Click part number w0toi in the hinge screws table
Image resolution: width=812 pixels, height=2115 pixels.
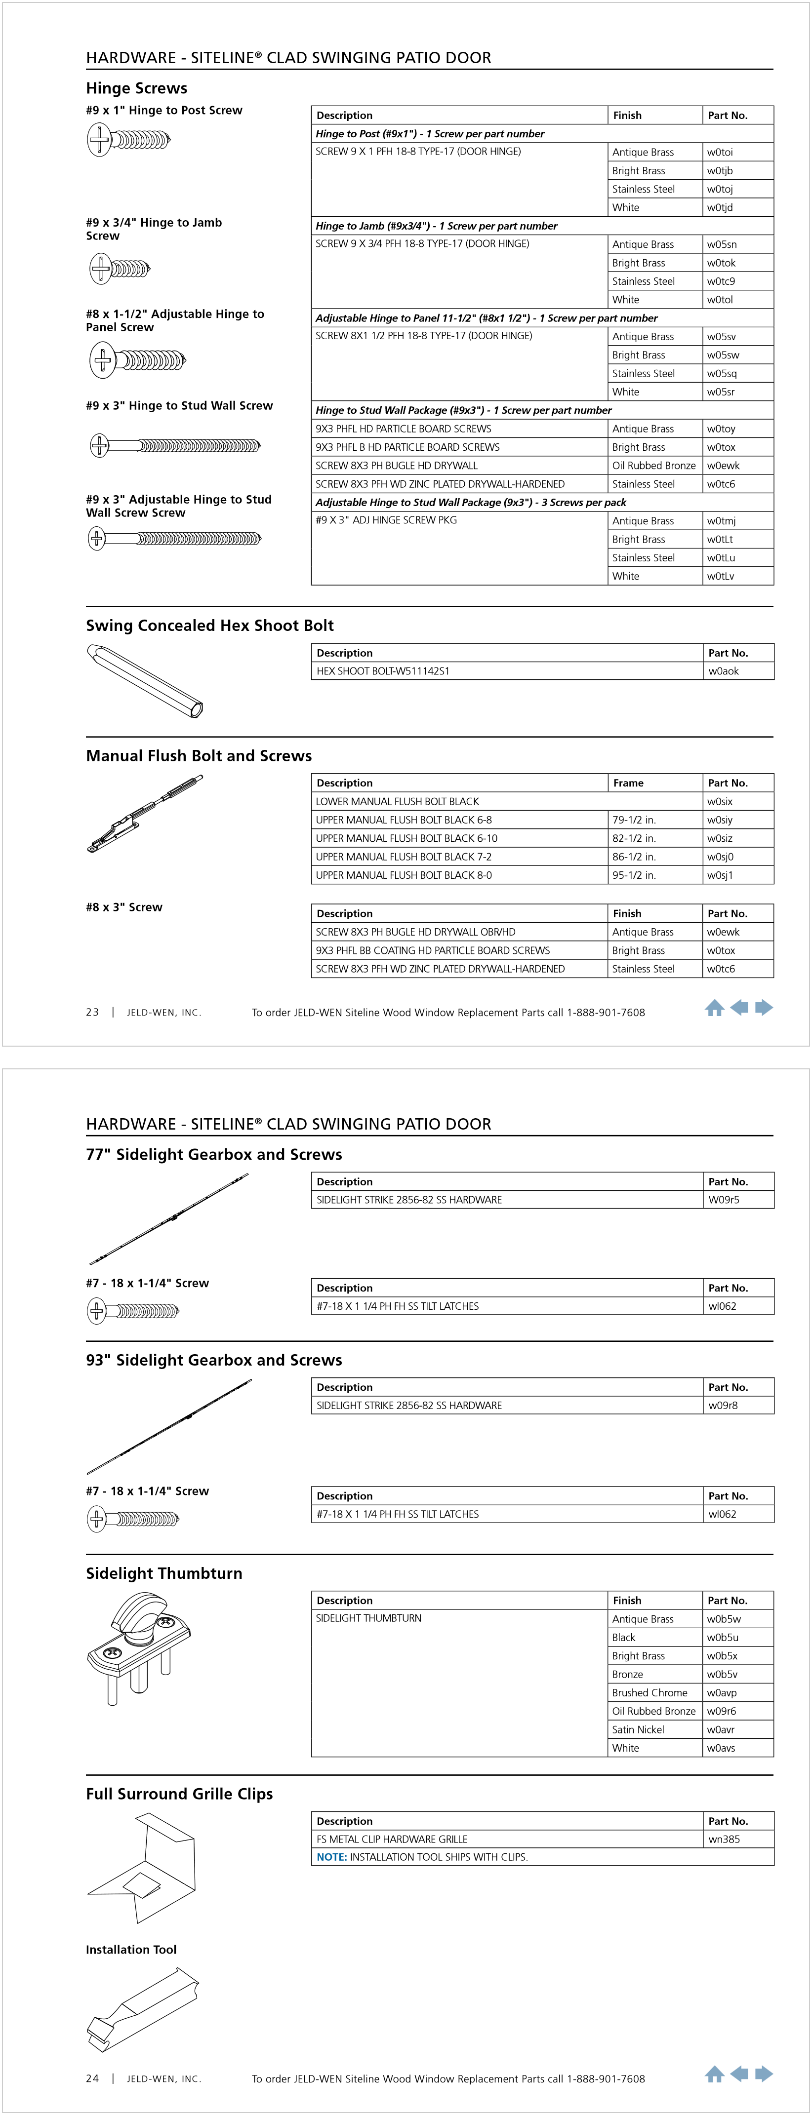[x=720, y=152]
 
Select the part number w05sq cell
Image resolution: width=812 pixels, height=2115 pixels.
[x=722, y=374]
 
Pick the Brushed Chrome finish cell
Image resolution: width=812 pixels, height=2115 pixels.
[x=650, y=1692]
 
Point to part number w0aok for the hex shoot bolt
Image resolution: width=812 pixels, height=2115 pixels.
[x=723, y=671]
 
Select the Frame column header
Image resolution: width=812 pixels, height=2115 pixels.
[x=628, y=783]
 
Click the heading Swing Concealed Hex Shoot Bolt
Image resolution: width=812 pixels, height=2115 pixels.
[x=209, y=626]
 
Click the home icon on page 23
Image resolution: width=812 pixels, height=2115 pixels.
[x=714, y=1008]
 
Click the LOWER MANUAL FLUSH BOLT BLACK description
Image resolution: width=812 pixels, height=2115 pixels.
[x=398, y=801]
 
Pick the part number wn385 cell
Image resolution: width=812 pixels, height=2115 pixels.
[x=724, y=1839]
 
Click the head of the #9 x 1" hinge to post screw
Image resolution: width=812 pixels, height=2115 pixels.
[x=99, y=140]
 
